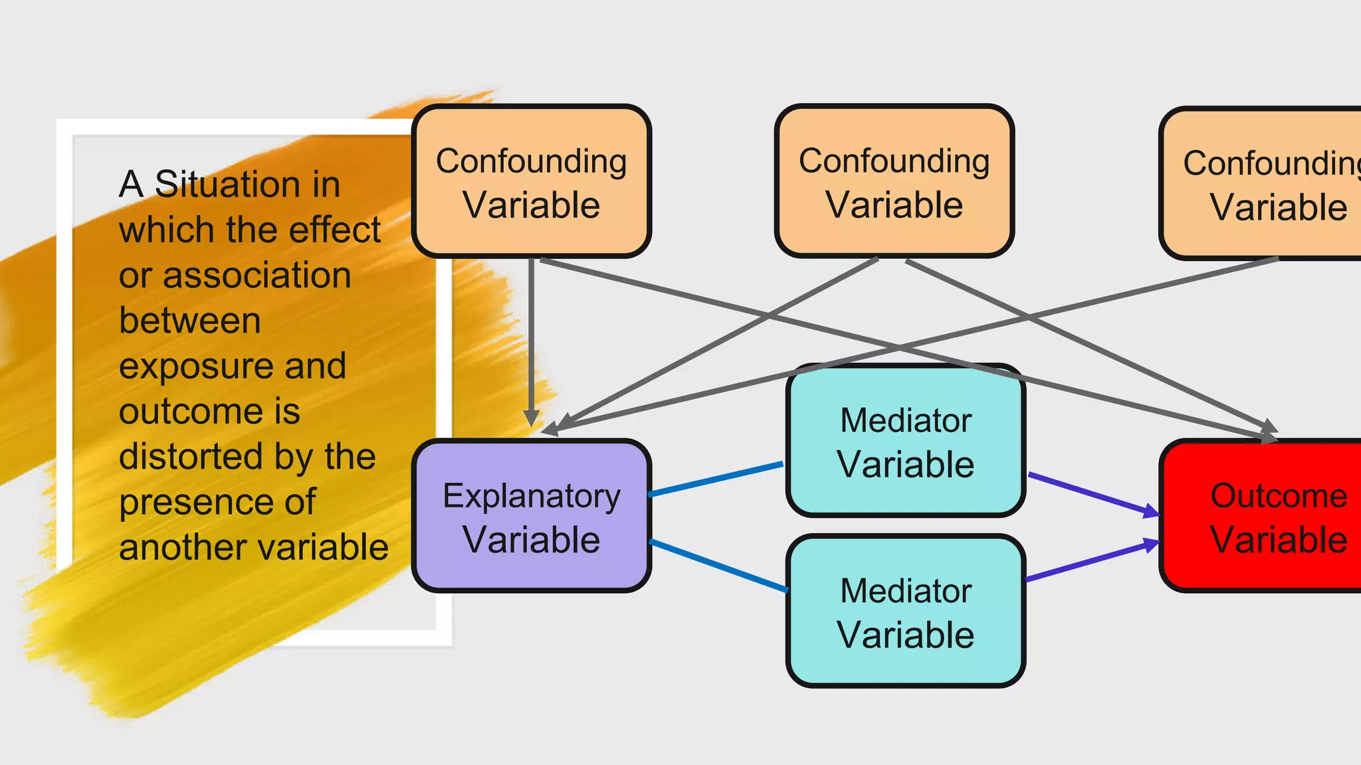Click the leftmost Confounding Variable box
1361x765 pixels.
tap(531, 181)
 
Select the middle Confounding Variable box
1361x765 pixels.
tap(894, 181)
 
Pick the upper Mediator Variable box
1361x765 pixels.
tap(905, 442)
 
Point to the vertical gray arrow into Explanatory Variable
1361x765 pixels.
tap(531, 339)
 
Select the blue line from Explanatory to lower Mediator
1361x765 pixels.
tap(718, 565)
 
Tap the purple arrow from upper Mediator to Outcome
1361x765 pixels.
tap(1090, 493)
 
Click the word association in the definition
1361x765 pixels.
tap(257, 276)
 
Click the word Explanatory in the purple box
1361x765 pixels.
tap(531, 496)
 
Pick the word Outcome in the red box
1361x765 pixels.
tap(1278, 495)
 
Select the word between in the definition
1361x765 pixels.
tap(189, 321)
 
